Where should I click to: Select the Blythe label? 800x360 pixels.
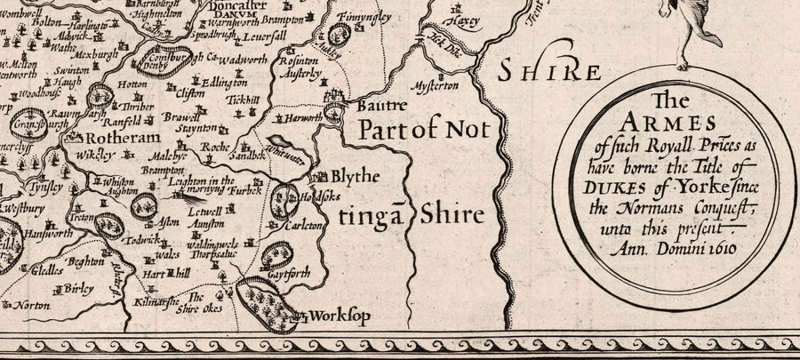click(357, 176)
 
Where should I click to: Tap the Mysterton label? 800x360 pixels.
click(436, 86)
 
